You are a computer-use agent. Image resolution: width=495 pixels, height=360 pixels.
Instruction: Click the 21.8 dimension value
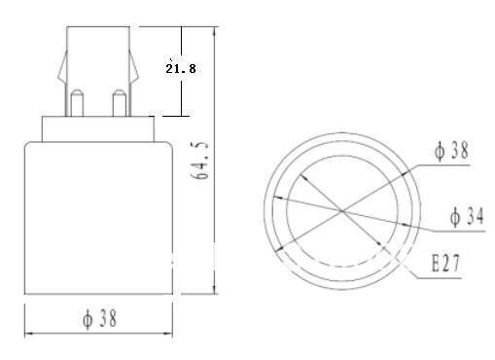(178, 70)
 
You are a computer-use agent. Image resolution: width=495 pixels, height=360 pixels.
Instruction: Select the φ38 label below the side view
(98, 318)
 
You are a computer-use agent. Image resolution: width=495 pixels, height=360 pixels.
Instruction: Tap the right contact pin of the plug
(119, 101)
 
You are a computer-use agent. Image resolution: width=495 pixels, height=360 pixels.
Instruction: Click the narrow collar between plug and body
(97, 128)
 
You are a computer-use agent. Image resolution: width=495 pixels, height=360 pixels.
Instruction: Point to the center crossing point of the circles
(342, 209)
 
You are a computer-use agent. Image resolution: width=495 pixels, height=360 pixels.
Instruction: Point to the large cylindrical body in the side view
(97, 214)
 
